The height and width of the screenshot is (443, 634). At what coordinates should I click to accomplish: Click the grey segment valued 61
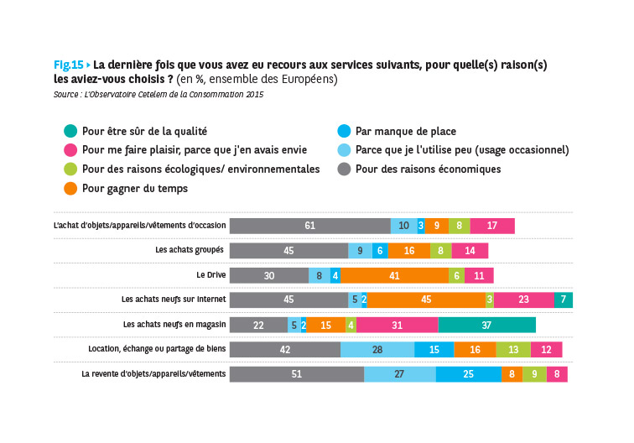[309, 226]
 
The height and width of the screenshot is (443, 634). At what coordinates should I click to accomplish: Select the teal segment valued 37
[486, 325]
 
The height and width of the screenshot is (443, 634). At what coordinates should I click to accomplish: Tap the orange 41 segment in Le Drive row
[394, 275]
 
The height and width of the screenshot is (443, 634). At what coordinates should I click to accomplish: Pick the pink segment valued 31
[397, 325]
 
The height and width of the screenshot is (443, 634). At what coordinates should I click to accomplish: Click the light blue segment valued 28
[377, 350]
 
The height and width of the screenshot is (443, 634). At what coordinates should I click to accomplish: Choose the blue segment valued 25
[468, 374]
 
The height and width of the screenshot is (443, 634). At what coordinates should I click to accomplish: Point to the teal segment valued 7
[564, 300]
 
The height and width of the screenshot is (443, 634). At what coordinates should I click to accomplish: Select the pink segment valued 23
[523, 300]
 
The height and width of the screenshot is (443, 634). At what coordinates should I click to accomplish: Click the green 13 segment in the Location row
[512, 350]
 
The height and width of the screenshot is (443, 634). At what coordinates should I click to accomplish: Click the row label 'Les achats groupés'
[190, 250]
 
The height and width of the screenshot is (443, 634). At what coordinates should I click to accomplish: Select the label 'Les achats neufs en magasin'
[174, 325]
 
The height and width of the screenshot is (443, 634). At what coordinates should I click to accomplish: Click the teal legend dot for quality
[70, 131]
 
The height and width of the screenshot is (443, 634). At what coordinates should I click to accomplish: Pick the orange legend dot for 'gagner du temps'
[70, 189]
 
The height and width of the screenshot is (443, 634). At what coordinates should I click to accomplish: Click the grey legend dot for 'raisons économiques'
[342, 169]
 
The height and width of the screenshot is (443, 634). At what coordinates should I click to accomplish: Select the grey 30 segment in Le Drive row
[268, 275]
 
